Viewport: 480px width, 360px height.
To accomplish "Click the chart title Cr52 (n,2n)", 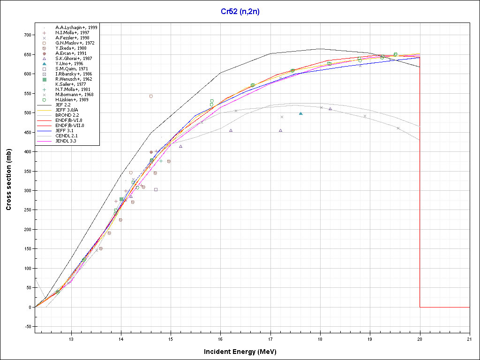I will click(x=240, y=12).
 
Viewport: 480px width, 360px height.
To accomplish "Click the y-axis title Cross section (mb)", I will click(x=9, y=180).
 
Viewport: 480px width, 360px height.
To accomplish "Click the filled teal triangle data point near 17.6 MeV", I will click(x=300, y=113).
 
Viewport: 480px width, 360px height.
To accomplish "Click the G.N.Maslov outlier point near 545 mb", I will click(x=151, y=96).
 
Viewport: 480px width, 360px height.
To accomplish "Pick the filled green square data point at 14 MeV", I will click(x=121, y=199).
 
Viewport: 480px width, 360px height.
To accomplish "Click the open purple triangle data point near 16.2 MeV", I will click(x=231, y=130).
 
